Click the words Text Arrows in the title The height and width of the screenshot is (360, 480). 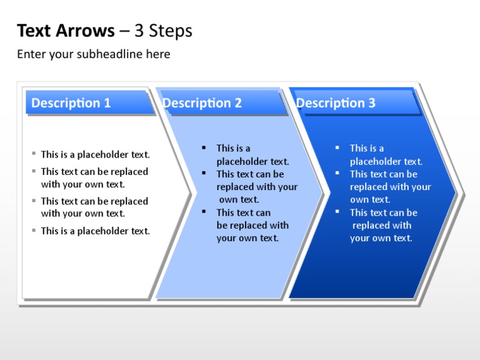tap(66, 31)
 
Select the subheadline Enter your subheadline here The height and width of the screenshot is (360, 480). tap(93, 54)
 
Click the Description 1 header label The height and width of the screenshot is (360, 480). tap(71, 103)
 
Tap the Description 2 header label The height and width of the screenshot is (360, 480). tap(202, 103)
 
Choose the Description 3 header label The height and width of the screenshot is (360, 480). tap(336, 103)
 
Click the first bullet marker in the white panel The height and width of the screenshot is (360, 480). tap(34, 154)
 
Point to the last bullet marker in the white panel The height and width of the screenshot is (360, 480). tap(34, 230)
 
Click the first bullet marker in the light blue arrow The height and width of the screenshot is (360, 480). tap(204, 147)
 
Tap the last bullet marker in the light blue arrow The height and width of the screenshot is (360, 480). tap(204, 212)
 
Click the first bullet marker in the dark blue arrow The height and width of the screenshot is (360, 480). tap(337, 147)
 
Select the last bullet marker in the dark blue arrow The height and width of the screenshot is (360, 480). tap(337, 212)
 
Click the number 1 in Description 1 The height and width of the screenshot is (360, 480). tap(107, 103)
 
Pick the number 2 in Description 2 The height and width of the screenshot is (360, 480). tap(238, 103)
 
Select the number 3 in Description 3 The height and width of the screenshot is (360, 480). tap(372, 103)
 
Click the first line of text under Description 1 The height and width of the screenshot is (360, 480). tap(95, 154)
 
